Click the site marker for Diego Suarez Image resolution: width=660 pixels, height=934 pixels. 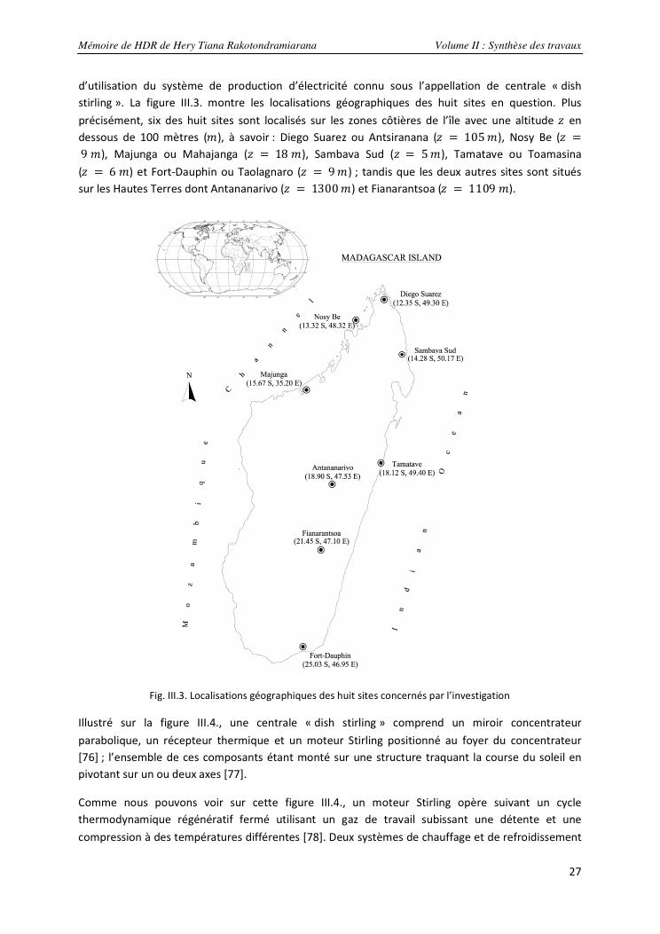[x=384, y=300]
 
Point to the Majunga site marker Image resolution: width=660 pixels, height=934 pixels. [x=306, y=389]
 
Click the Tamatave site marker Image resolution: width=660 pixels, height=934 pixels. [x=381, y=463]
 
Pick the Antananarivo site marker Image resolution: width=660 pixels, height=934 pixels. [x=332, y=484]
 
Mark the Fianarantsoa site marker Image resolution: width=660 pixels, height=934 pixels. [x=321, y=551]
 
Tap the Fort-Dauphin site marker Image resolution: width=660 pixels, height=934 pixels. [x=303, y=647]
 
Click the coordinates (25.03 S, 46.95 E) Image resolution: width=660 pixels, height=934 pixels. [x=330, y=663]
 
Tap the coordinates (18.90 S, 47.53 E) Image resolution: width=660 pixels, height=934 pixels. [x=333, y=475]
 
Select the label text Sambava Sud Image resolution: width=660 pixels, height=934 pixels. [x=435, y=350]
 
